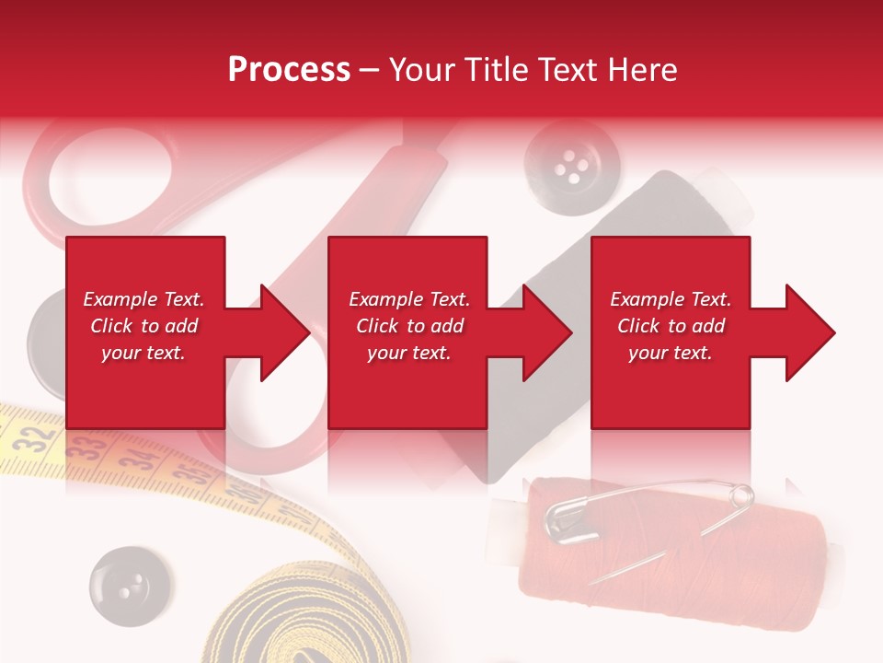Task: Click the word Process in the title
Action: [289, 70]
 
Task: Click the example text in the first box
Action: [143, 326]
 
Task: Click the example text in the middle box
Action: [408, 326]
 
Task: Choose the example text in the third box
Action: [671, 326]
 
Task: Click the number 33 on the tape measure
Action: [89, 448]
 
